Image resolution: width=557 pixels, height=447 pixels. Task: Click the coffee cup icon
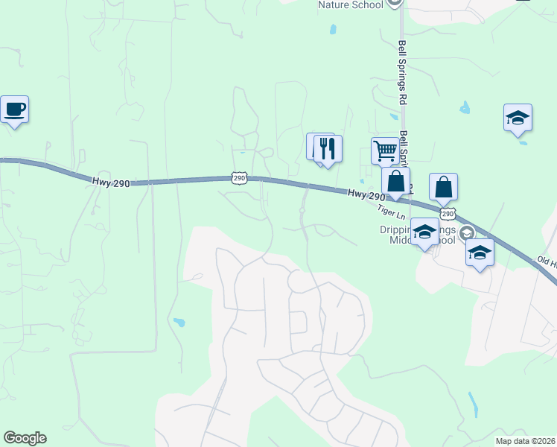click(14, 110)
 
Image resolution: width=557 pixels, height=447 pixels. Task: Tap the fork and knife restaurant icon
click(328, 148)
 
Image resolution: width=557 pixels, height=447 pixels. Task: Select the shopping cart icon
click(386, 150)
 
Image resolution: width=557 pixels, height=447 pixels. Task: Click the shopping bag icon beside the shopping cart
click(396, 181)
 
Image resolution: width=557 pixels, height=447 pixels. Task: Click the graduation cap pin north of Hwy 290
click(518, 118)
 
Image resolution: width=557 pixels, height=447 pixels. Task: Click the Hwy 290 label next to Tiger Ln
click(366, 194)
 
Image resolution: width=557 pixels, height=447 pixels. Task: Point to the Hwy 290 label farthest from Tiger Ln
click(112, 182)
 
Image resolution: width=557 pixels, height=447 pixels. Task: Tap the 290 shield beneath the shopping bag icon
click(447, 213)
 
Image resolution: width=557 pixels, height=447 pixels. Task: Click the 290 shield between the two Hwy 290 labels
click(238, 177)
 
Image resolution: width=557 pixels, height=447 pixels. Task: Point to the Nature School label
click(350, 5)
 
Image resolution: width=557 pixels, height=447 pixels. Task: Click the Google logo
click(25, 438)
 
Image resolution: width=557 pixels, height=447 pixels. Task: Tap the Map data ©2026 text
click(526, 441)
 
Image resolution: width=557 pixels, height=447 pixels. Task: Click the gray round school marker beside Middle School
click(467, 232)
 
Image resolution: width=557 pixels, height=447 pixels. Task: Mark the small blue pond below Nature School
click(333, 31)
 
